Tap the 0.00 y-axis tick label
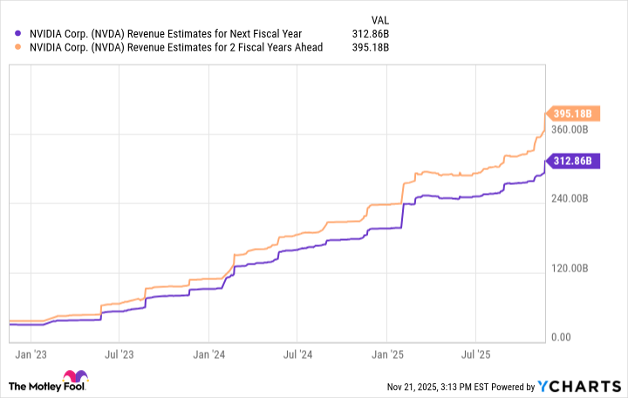[x=561, y=337]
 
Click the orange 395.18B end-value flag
[x=570, y=113]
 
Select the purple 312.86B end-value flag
[x=570, y=161]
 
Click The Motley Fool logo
[x=48, y=385]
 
